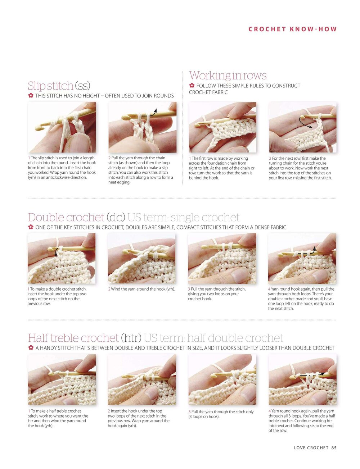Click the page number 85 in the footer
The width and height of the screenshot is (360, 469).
(334, 448)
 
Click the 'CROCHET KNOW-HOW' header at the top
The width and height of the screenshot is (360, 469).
(292, 29)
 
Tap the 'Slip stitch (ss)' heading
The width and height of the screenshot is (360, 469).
(59, 86)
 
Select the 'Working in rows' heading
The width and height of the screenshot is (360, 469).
(228, 76)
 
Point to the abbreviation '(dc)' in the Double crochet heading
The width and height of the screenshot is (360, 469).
(116, 217)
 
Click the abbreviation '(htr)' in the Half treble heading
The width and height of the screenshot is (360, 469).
(131, 338)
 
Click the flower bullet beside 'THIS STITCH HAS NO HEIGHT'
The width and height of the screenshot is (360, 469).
(31, 95)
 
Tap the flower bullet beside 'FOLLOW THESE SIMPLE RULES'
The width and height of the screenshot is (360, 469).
(192, 85)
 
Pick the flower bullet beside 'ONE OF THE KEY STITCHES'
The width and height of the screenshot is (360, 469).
(31, 227)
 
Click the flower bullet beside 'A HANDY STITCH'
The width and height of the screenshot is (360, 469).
(31, 347)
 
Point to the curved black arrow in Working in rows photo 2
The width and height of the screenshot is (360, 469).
(304, 123)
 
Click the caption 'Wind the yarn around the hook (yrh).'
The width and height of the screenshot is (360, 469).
(141, 289)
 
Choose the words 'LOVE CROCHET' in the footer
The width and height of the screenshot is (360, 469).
(311, 448)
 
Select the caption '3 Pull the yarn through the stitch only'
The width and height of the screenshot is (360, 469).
(221, 411)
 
